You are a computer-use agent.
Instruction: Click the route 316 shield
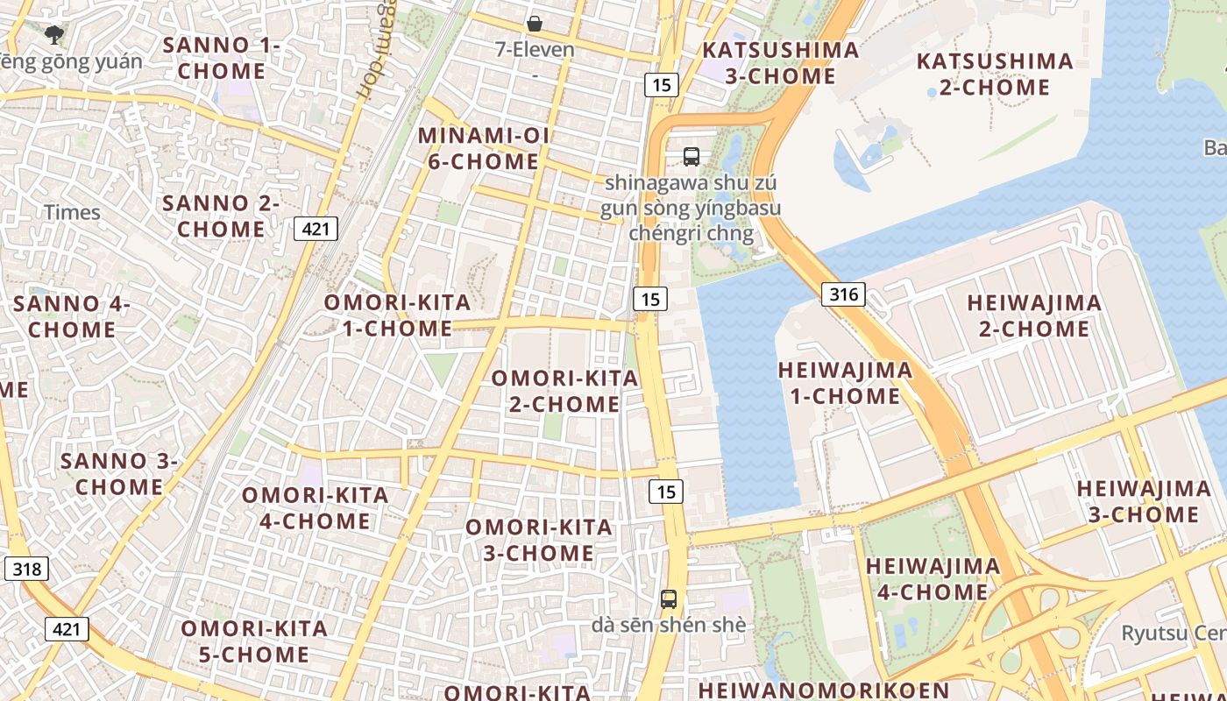pyautogui.click(x=843, y=294)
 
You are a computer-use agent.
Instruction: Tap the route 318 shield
pyautogui.click(x=26, y=569)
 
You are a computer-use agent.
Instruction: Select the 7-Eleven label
pyautogui.click(x=535, y=49)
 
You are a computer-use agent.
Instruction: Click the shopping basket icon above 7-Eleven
pyautogui.click(x=535, y=24)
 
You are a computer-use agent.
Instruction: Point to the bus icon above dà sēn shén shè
pyautogui.click(x=669, y=599)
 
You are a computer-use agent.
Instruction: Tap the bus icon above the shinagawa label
pyautogui.click(x=692, y=157)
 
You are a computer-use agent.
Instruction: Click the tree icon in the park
pyautogui.click(x=54, y=35)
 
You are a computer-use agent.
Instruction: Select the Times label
pyautogui.click(x=72, y=212)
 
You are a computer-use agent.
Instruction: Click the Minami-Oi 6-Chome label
pyautogui.click(x=484, y=148)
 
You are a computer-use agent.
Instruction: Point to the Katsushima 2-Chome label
pyautogui.click(x=995, y=74)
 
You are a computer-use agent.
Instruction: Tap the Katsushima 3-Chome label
pyautogui.click(x=780, y=62)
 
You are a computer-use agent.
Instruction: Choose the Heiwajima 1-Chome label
pyautogui.click(x=845, y=383)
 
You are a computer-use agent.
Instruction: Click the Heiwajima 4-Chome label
pyautogui.click(x=933, y=578)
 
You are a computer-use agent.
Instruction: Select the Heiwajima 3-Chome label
pyautogui.click(x=1143, y=500)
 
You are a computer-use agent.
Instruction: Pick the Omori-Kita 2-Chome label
pyautogui.click(x=564, y=391)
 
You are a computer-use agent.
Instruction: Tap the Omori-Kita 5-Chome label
pyautogui.click(x=254, y=641)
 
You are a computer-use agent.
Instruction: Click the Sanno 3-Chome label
pyautogui.click(x=118, y=473)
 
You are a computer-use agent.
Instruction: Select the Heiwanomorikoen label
pyautogui.click(x=823, y=690)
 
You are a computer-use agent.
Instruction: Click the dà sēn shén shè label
pyautogui.click(x=669, y=625)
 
